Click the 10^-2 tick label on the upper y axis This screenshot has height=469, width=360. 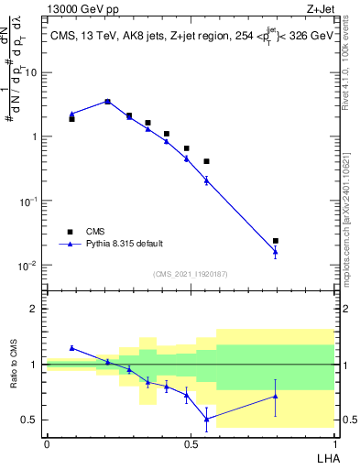click(29, 266)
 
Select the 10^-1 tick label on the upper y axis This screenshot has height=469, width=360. click(29, 201)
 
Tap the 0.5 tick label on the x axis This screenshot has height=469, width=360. click(191, 442)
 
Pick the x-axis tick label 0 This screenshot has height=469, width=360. click(47, 442)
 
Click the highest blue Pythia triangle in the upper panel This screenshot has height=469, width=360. click(108, 102)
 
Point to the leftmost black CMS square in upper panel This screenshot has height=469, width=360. click(71, 119)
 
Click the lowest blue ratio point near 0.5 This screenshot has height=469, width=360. click(206, 419)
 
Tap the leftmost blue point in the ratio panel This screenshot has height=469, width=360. click(71, 348)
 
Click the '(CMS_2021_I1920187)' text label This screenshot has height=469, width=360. click(190, 274)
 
